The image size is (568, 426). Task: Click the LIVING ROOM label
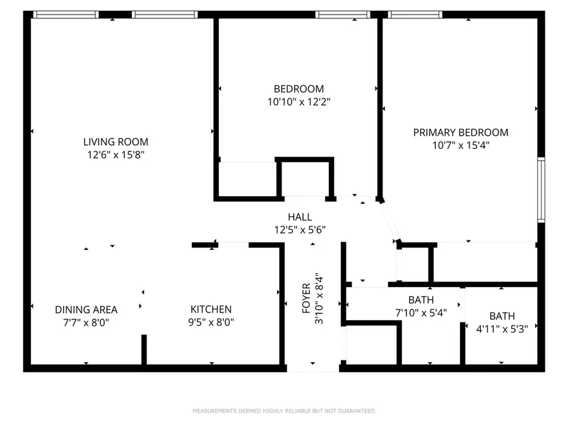tap(115, 142)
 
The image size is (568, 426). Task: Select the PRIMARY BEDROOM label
tap(460, 133)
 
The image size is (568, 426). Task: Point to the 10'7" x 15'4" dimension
tap(460, 145)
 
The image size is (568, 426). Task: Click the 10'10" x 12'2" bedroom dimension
tap(299, 101)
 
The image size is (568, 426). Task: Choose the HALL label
tap(300, 217)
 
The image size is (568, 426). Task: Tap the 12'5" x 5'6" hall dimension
tap(300, 229)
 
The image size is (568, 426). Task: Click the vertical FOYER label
tap(307, 299)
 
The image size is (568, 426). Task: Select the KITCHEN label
tap(211, 309)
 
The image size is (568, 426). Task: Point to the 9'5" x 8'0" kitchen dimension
tap(211, 321)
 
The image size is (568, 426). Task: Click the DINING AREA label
tap(86, 309)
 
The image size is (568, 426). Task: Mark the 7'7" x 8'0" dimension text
tap(86, 321)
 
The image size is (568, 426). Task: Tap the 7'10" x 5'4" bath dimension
tap(421, 312)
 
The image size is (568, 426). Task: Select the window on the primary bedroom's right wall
tap(541, 190)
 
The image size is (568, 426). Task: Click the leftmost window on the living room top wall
tap(66, 15)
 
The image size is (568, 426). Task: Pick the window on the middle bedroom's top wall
tap(343, 15)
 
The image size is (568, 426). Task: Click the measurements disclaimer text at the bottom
tap(284, 411)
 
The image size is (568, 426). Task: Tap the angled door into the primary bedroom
tap(391, 221)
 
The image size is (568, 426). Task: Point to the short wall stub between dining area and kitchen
tap(144, 350)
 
